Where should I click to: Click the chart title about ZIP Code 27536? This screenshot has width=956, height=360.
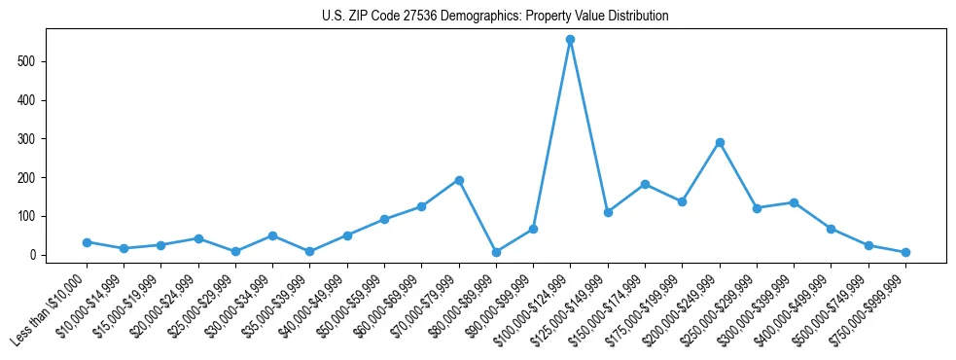pos(495,17)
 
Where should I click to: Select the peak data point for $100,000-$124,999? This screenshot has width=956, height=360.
pos(570,40)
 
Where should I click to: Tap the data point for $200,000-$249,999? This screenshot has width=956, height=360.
pos(720,142)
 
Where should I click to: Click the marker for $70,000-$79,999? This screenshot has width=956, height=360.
pos(459,180)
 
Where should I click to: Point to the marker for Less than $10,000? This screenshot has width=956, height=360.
pos(87,242)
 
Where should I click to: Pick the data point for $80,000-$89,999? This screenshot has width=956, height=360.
pos(496,252)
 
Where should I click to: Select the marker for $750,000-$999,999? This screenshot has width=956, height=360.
pos(905,252)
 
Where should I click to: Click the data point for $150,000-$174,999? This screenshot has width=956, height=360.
pos(645,184)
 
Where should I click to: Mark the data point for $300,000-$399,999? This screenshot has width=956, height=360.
pos(794,202)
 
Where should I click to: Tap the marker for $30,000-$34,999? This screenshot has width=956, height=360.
pos(273,235)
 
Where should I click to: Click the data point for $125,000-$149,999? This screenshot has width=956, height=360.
pos(608,212)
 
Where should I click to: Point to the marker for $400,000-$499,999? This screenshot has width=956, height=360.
pos(831,229)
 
